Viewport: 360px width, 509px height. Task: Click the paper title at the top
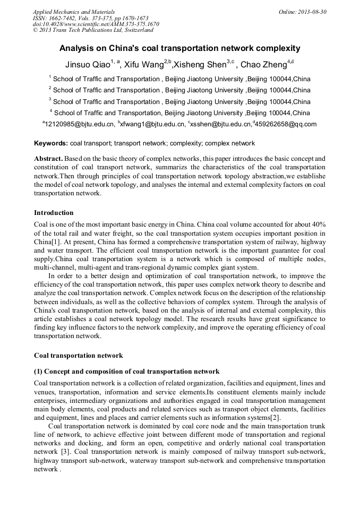coord(179,48)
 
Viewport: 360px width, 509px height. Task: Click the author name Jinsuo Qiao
coord(87,65)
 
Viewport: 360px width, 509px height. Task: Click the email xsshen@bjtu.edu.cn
coord(220,125)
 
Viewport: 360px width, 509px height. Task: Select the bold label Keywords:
coord(51,143)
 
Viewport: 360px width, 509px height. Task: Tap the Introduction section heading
coord(54,213)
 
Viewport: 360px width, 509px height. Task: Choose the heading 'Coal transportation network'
coord(78,356)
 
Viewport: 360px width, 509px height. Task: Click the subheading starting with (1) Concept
coord(126,371)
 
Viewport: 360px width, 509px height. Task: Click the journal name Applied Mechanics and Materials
coord(73,11)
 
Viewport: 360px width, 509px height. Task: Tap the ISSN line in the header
coord(90,18)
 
